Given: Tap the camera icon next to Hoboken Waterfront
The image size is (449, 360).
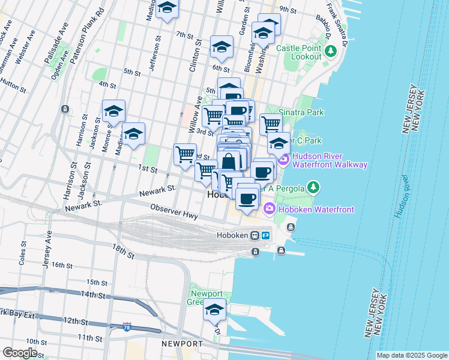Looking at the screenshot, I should click(268, 209).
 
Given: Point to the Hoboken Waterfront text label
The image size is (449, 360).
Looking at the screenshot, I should click(315, 209).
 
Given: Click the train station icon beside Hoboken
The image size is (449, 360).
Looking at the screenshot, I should click(255, 236).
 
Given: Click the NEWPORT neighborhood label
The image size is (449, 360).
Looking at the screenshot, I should click(182, 343).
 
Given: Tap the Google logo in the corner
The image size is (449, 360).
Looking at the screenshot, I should click(20, 353).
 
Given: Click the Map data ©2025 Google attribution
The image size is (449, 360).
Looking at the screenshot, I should click(411, 355).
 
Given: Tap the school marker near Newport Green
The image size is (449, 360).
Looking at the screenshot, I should click(214, 311).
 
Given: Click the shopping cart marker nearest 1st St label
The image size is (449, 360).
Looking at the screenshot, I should click(185, 154).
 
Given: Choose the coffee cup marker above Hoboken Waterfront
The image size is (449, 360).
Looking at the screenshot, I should click(247, 198).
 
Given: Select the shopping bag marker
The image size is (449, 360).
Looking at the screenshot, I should click(229, 161).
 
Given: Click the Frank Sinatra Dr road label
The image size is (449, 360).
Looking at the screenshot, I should click(337, 25).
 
